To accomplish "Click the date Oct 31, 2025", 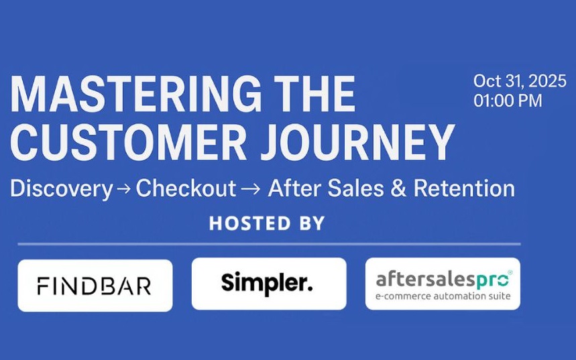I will (x=520, y=82).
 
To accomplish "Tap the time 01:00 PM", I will (x=508, y=101).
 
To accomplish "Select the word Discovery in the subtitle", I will (x=61, y=188).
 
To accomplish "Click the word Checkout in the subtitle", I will (x=186, y=188).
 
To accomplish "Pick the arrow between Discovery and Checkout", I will (x=124, y=190).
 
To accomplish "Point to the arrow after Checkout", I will (x=249, y=190).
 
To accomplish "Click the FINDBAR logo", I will (x=95, y=286).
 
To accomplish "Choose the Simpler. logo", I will (x=268, y=284).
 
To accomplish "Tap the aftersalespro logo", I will (x=443, y=284).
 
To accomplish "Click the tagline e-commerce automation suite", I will (x=443, y=296).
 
